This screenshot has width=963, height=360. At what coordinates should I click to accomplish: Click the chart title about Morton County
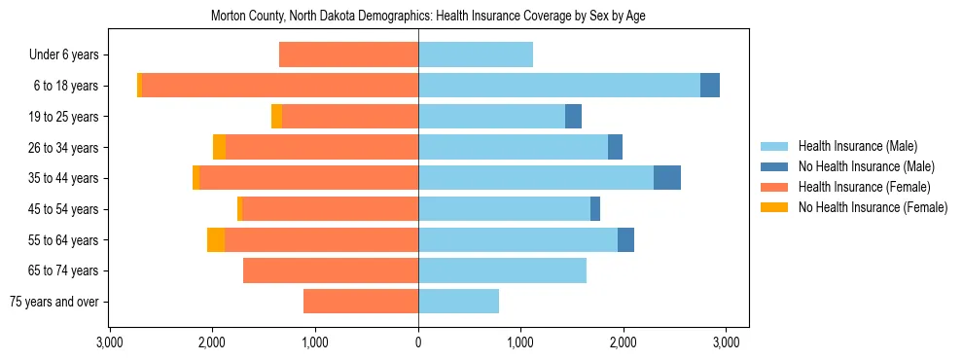point(428,17)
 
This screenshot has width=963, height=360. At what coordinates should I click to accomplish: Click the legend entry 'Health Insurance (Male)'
point(857,146)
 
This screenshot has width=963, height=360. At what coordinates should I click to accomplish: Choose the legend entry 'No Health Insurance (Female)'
point(873,207)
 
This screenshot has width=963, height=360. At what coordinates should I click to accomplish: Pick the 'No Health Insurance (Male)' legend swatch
point(774,166)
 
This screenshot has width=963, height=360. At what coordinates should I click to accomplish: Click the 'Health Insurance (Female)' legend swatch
point(774,187)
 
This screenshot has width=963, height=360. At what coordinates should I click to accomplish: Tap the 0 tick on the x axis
point(418,342)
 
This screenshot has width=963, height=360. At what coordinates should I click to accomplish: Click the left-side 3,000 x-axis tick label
point(110,342)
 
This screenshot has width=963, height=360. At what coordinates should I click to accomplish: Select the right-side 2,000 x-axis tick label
point(624,342)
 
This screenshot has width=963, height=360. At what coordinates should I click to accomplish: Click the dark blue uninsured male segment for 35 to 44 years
point(667,178)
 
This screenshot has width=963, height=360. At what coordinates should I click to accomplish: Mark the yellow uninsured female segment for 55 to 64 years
point(216,239)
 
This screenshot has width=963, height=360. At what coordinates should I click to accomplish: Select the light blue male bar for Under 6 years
point(476,55)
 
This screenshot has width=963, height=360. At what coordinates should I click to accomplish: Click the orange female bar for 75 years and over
point(361,302)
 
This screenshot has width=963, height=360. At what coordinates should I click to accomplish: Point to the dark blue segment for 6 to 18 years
point(710,86)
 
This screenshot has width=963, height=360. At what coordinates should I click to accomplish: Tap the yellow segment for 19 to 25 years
point(277,117)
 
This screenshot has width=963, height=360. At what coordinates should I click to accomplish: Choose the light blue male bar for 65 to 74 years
point(502,270)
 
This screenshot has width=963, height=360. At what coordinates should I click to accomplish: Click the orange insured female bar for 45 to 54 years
point(331,209)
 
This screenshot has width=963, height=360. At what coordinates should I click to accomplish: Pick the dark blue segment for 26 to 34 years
point(615,147)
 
